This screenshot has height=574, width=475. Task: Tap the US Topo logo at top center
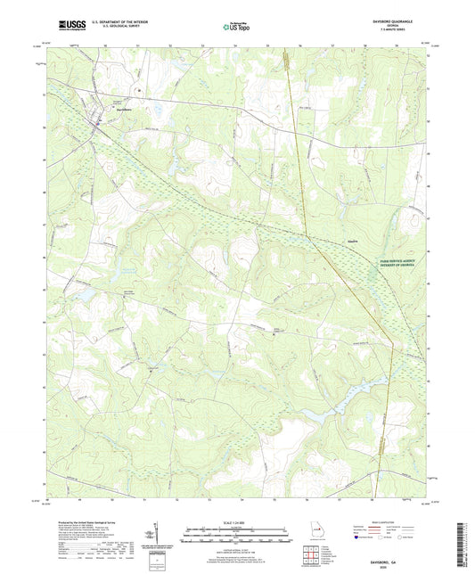click(x=235, y=28)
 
